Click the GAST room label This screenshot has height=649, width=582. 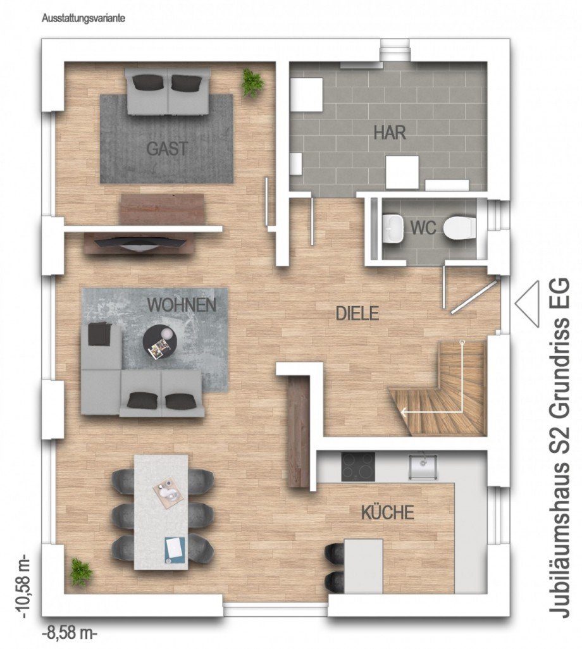pyautogui.click(x=167, y=149)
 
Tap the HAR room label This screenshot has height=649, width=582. pyautogui.click(x=390, y=133)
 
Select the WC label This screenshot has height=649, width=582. pyautogui.click(x=423, y=228)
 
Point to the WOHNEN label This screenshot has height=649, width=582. pyautogui.click(x=182, y=305)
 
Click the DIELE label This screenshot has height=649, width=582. pyautogui.click(x=357, y=313)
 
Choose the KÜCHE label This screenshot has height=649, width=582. pyautogui.click(x=387, y=512)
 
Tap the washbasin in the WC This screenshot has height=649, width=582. pyautogui.click(x=393, y=228)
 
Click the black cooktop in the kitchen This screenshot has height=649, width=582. pyautogui.click(x=359, y=467)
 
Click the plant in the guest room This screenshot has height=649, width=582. pyautogui.click(x=252, y=83)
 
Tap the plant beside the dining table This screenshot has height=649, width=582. pyautogui.click(x=81, y=572)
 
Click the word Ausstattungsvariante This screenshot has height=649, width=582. pyautogui.click(x=84, y=18)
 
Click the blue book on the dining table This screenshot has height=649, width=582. pyautogui.click(x=173, y=548)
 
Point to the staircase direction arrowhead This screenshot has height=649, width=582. pyautogui.click(x=403, y=413)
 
